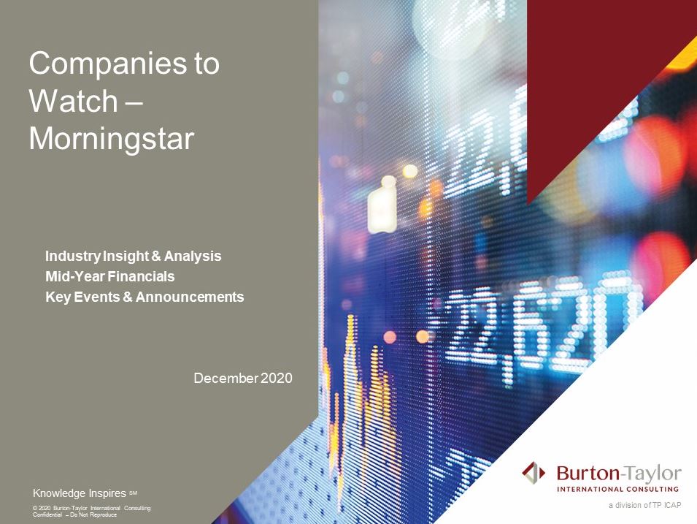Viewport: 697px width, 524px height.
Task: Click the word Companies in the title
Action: coord(108,64)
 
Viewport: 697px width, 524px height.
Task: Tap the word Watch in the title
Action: coord(73,101)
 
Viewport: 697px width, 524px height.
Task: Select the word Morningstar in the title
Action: coord(112,140)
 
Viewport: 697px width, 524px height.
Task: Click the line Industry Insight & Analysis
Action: coord(134,256)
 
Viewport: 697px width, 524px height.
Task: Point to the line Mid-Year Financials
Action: coord(109,276)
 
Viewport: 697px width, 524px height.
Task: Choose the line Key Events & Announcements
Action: coord(145,297)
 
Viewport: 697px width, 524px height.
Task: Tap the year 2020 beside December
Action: coord(277,379)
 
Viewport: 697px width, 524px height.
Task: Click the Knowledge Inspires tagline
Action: coord(80,493)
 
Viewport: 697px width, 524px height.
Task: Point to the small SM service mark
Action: coord(134,493)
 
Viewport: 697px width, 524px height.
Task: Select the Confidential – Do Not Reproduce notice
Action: coord(74,514)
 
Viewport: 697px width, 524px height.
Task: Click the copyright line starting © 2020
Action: coord(91,508)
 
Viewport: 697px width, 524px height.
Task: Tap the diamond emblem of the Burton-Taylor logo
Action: coord(534,473)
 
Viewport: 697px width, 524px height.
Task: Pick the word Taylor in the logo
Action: coord(653,474)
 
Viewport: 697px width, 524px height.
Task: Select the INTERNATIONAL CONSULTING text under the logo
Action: coord(618,489)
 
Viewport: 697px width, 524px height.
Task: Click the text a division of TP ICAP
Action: coord(645,505)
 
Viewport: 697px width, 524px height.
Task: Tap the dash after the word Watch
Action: coord(135,103)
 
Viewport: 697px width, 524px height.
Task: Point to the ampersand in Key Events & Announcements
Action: coord(128,297)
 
